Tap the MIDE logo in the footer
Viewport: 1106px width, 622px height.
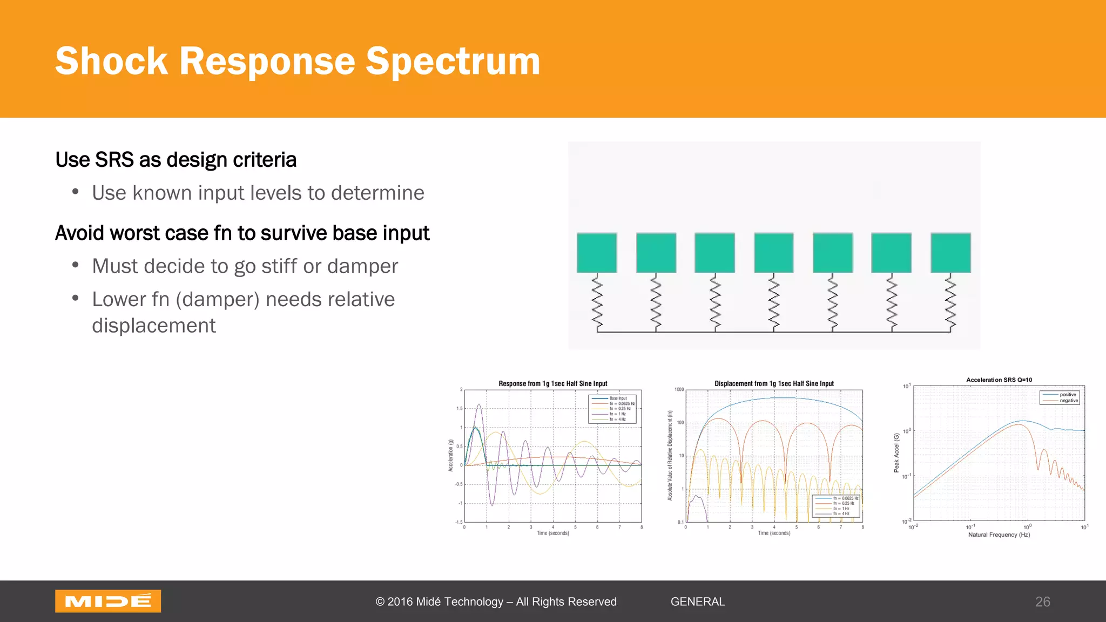pos(108,601)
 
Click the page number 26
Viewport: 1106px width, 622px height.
pos(1042,601)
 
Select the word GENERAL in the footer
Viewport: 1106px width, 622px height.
pos(697,601)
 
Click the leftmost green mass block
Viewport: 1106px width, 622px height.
pos(597,253)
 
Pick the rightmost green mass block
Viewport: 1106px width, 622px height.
pos(950,253)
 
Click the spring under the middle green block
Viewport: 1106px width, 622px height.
pos(774,302)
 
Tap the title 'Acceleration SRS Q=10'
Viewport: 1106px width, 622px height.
pos(999,380)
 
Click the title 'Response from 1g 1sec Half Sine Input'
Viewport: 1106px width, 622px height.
pos(552,383)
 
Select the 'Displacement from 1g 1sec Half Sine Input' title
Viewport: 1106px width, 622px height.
pos(774,383)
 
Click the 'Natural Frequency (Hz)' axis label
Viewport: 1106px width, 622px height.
pos(999,535)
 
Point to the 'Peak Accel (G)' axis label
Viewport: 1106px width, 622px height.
pos(896,452)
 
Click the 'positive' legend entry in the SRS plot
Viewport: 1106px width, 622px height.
pos(1068,395)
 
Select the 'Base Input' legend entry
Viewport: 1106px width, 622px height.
pos(618,398)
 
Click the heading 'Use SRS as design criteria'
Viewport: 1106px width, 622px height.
pos(176,160)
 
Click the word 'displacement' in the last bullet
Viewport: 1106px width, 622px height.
pos(153,326)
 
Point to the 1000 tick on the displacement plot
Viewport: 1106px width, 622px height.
pos(679,389)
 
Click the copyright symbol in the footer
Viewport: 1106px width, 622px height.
pos(380,601)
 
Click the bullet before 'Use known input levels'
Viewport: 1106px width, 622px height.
pos(76,192)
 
